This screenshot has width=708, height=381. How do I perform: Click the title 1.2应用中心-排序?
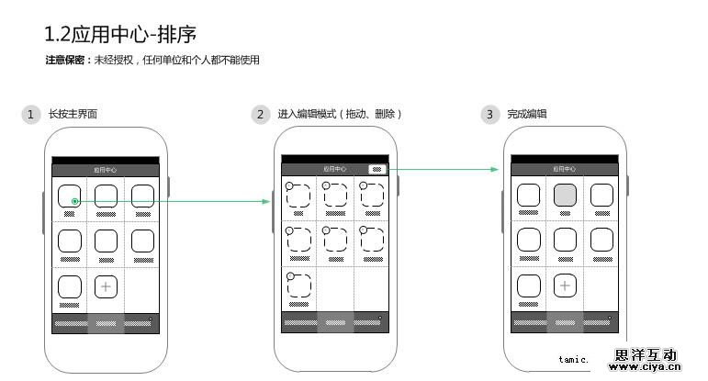tap(120, 35)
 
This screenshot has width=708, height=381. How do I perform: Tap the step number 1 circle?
tap(31, 115)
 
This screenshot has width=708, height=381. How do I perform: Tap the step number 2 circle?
tap(261, 115)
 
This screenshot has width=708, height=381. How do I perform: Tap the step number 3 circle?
tap(490, 115)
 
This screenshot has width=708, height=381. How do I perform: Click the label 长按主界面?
tap(73, 115)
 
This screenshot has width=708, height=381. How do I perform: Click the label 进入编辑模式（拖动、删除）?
tap(340, 115)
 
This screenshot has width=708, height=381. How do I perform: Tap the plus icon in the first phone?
tap(106, 286)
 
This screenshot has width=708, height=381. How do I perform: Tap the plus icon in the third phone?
tap(565, 286)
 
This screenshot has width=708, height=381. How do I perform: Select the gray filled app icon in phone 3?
tap(565, 195)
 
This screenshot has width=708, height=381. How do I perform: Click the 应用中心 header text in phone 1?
tap(105, 170)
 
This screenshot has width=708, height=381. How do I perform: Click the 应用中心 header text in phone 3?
tap(564, 170)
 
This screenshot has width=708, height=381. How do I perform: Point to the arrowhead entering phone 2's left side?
tap(269, 200)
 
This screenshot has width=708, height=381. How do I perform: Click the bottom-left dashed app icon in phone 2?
tap(298, 285)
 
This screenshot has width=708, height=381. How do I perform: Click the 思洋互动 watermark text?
tap(646, 355)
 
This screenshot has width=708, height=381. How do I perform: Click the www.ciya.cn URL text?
tap(646, 369)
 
